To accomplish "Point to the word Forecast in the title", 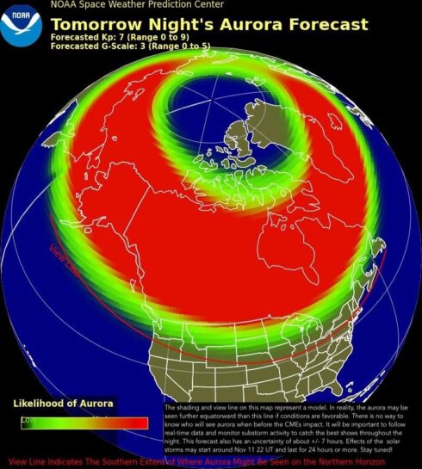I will [326, 24].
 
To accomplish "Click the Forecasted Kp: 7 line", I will [124, 38].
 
